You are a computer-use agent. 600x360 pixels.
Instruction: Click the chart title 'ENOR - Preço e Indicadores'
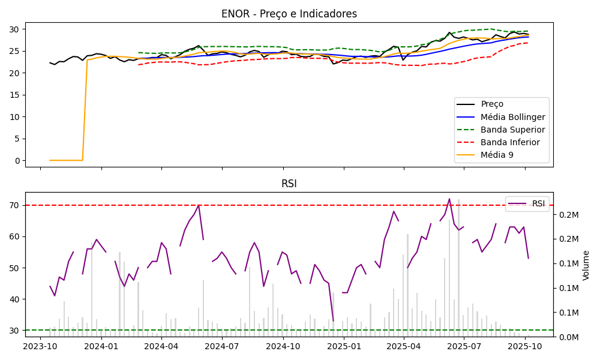(x=289, y=14)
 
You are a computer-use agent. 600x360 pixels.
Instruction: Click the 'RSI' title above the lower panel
(x=289, y=184)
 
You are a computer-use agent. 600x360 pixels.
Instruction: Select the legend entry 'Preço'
(x=492, y=104)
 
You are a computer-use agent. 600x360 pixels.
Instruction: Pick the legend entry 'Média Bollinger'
(x=512, y=117)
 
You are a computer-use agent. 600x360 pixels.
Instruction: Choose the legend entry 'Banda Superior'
(x=512, y=130)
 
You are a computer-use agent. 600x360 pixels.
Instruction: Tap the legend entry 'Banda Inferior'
(x=510, y=142)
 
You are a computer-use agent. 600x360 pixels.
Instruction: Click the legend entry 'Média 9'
(x=497, y=155)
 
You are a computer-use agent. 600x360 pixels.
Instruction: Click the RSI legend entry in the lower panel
(x=538, y=203)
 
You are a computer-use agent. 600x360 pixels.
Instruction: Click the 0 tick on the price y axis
(x=17, y=161)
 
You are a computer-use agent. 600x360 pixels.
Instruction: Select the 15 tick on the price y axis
(x=15, y=95)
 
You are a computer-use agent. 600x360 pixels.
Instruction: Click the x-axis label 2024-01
(x=101, y=346)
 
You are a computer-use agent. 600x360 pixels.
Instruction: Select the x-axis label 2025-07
(x=464, y=346)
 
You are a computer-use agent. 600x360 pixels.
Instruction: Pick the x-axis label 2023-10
(x=40, y=346)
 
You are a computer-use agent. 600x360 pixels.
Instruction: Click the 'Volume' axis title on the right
(x=586, y=265)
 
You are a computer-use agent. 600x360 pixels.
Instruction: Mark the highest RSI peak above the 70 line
(x=449, y=199)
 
